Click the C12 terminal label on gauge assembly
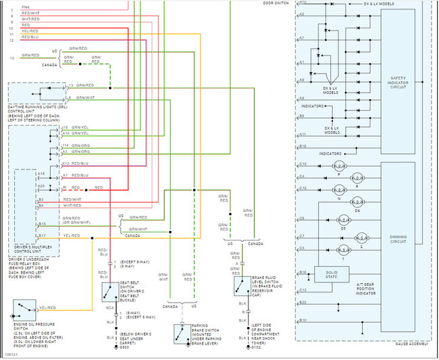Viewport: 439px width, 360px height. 303,290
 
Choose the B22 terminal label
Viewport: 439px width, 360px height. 303,302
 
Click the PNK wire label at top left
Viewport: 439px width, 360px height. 26,5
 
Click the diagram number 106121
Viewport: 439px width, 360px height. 11,353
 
